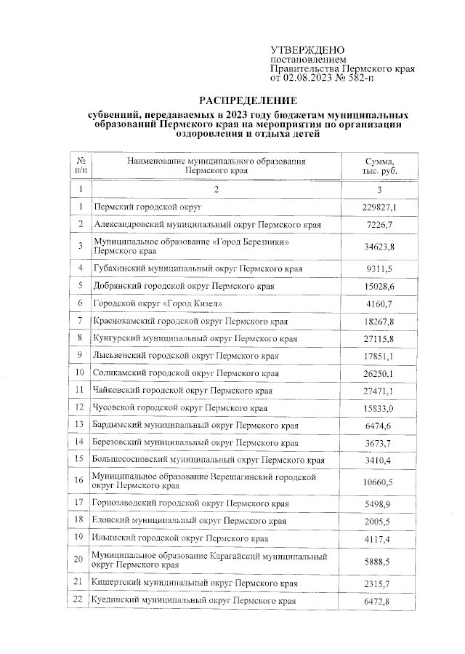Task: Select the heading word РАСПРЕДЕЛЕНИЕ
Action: (x=248, y=100)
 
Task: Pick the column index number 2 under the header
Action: (x=216, y=189)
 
